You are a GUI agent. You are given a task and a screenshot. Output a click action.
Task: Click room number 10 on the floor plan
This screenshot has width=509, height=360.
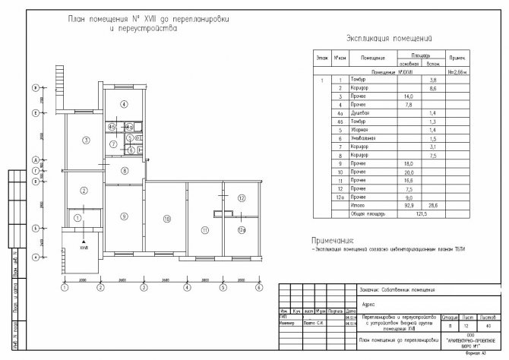[166, 219]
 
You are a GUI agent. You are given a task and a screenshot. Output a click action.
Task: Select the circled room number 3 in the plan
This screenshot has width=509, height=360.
[87, 141]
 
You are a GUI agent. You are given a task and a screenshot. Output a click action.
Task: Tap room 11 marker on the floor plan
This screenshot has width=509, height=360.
[204, 229]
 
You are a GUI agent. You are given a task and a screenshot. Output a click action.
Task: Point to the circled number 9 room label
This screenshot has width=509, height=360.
[122, 216]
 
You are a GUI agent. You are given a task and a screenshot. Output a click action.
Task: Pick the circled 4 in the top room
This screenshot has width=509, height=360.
[122, 104]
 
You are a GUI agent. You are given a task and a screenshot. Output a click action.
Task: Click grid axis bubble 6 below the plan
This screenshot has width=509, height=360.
[260, 288]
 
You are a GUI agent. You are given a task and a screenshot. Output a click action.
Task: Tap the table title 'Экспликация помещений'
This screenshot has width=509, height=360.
[389, 36]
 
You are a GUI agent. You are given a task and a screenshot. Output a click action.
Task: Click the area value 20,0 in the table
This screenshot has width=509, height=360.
[409, 172]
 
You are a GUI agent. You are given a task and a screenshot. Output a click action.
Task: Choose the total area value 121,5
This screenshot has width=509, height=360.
[420, 214]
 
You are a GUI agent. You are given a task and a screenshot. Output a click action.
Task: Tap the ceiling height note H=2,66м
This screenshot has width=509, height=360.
[457, 71]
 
